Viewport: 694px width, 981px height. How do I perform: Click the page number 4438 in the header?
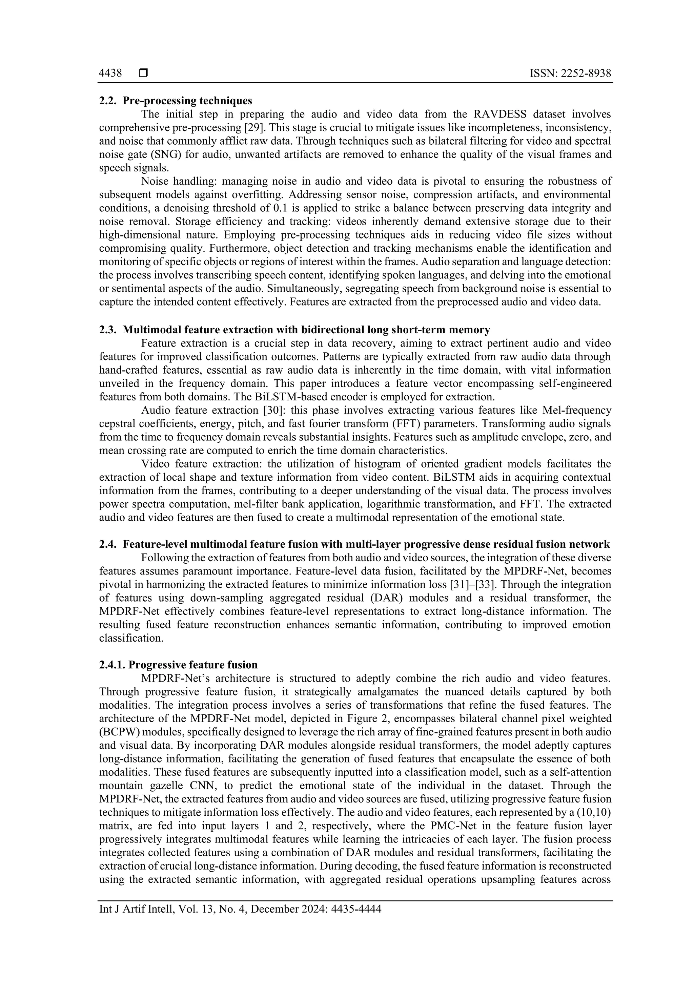point(110,74)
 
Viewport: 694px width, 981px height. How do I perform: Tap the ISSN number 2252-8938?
point(586,74)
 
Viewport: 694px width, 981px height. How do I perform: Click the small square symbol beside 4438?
point(143,74)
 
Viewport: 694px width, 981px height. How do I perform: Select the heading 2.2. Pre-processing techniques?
point(176,101)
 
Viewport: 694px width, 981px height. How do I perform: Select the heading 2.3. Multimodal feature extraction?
point(294,330)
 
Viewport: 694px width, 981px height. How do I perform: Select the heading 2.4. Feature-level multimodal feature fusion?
point(354,544)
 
